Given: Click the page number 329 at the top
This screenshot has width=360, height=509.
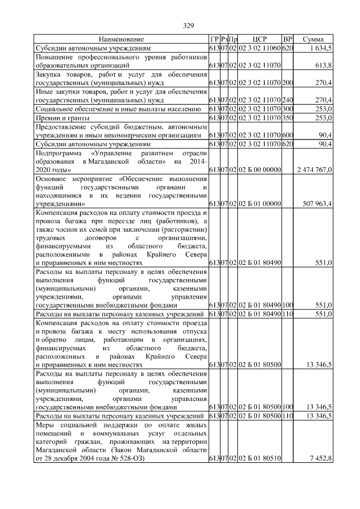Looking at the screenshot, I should click(188, 25).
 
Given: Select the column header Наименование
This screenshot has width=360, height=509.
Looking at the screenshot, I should click(121, 40).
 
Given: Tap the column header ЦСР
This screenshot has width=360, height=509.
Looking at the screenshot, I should click(259, 40).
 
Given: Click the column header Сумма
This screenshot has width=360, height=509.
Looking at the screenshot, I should click(313, 40).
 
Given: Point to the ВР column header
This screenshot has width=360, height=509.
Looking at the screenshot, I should click(287, 40).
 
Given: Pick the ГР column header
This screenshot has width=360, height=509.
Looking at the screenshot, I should click(214, 40).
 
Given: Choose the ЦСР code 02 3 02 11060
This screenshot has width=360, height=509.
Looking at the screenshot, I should click(259, 49).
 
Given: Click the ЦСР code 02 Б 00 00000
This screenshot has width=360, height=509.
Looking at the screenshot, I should click(259, 169).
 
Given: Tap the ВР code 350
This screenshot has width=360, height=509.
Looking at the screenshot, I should click(287, 117).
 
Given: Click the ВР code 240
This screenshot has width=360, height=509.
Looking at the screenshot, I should click(287, 100).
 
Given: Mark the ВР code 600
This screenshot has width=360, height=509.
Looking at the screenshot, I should click(287, 136).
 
